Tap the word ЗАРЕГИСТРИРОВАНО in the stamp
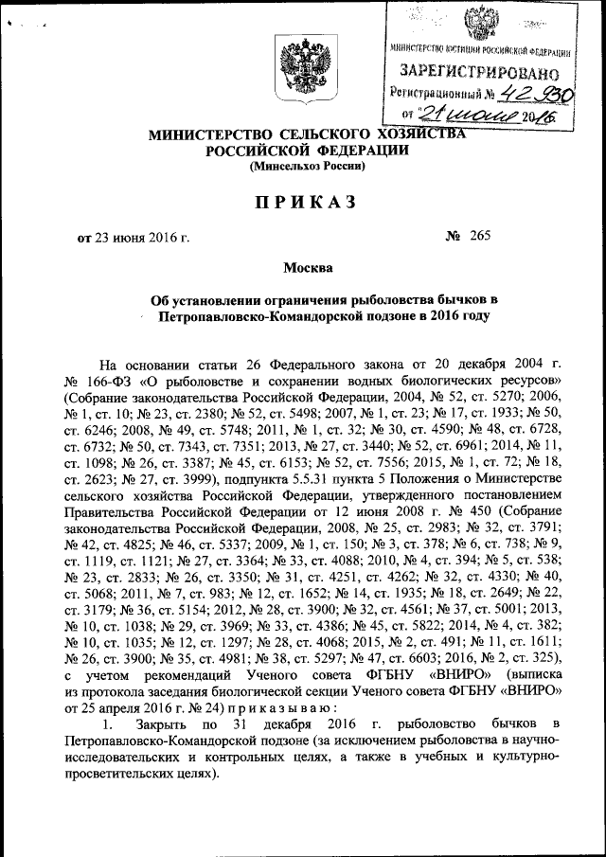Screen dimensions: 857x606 (x=479, y=70)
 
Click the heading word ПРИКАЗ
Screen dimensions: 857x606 (x=306, y=202)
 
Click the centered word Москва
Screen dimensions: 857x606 (x=307, y=269)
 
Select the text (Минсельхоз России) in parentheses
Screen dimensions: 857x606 (x=306, y=167)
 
